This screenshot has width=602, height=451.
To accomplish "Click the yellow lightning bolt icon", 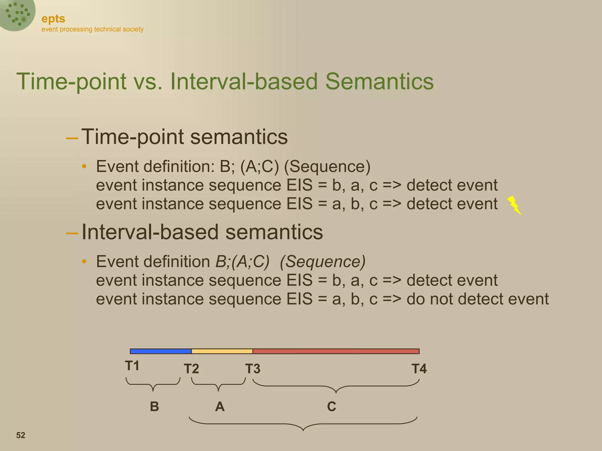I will (514, 205).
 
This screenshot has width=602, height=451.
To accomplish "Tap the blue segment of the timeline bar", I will (160, 351).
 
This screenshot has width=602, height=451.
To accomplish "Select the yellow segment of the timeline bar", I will (222, 351).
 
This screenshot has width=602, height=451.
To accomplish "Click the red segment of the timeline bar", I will (336, 351).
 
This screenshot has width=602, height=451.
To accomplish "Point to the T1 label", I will (132, 366).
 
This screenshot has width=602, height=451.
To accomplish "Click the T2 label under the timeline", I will (191, 369).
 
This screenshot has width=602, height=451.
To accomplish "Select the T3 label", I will (253, 369).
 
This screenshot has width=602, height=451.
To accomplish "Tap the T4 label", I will (419, 369).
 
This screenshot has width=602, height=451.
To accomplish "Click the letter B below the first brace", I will (154, 407).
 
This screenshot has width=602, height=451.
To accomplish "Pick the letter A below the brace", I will (220, 407).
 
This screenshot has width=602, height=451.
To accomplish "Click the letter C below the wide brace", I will (332, 407).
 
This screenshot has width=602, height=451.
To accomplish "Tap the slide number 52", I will (21, 435).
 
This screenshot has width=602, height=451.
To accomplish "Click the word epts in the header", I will (53, 19).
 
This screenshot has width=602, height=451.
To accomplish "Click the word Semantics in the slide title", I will (379, 81).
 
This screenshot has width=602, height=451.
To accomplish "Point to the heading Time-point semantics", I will (184, 137).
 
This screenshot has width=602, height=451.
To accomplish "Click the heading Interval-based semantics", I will (202, 232).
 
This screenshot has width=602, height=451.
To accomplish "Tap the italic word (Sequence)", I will (322, 262).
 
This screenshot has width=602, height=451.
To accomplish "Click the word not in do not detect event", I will (442, 299).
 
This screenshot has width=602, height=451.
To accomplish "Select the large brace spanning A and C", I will (303, 424).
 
